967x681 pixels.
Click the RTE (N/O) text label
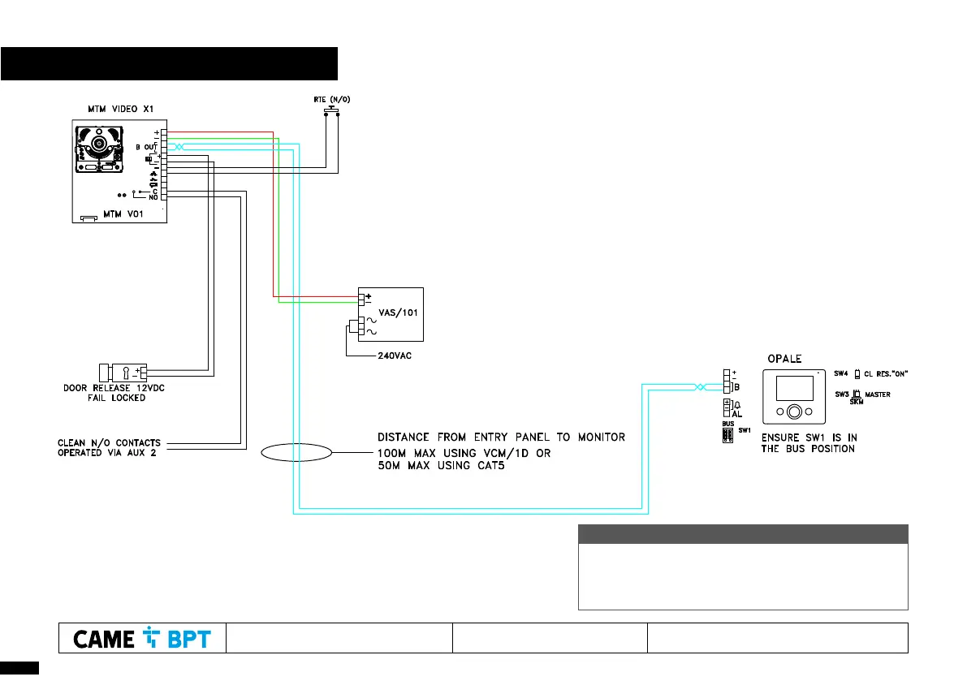point(331,99)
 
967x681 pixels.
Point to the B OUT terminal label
point(145,147)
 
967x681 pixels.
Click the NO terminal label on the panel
point(153,197)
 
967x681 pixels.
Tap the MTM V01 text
point(121,216)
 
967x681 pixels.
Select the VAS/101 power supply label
point(399,312)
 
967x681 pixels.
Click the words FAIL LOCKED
point(116,398)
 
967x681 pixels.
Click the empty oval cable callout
point(296,452)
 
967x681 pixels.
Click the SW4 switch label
point(840,373)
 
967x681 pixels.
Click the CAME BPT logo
point(142,639)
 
